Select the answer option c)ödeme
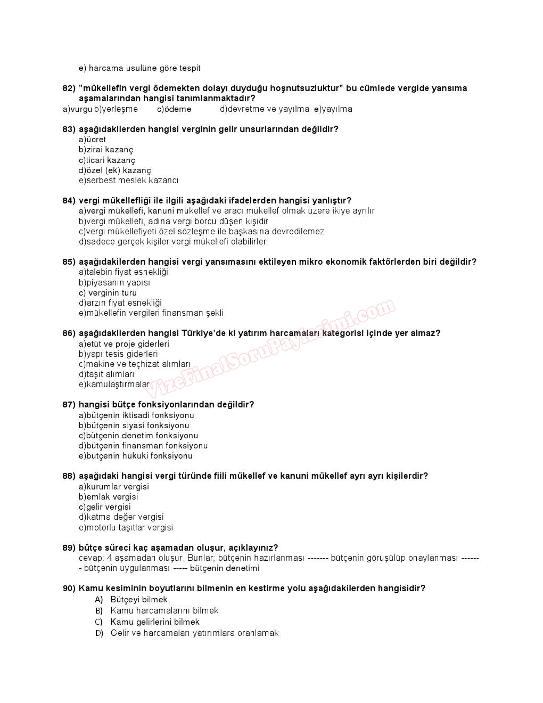coord(174,109)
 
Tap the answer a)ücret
coord(93,140)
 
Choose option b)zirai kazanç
coord(106,150)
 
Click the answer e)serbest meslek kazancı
coord(128,181)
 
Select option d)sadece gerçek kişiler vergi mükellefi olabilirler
coord(172,242)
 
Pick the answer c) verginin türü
coord(108,293)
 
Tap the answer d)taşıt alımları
coord(106,374)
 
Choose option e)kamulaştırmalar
coord(114,385)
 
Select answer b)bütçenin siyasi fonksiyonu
coord(134,426)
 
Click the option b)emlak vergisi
coord(108,497)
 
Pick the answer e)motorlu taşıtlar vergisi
coord(126,528)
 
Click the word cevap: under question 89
coord(91,558)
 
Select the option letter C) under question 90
coord(98,622)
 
